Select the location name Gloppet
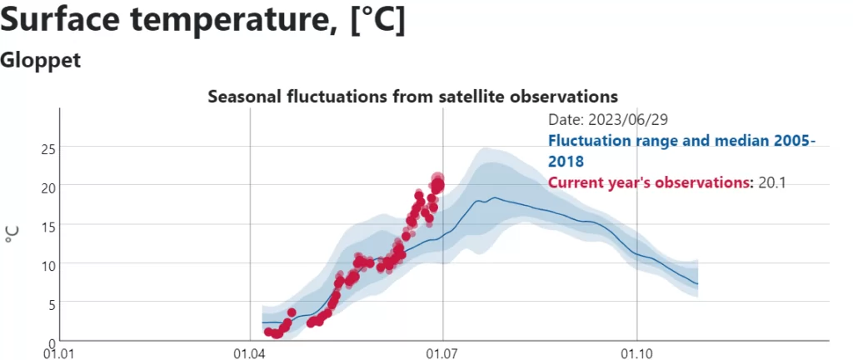pos(41,60)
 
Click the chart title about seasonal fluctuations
pos(413,97)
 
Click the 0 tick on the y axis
pos(51,342)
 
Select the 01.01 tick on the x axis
pos(59,354)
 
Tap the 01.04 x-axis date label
pos(250,354)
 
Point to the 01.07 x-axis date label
pos(443,354)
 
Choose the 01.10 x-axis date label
pos(636,354)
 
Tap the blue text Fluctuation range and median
pos(656,141)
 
